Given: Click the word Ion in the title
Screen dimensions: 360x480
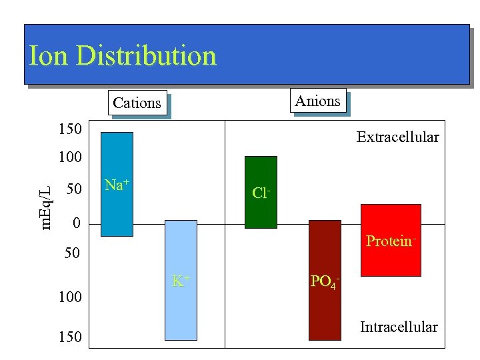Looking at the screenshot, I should coord(49,56).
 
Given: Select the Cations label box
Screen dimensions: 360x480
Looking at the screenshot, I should coord(137,103).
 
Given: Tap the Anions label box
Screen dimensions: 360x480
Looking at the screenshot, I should coord(317,101).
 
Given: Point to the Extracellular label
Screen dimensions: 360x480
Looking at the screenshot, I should coord(397,137).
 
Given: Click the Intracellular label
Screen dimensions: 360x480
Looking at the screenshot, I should coord(399,327).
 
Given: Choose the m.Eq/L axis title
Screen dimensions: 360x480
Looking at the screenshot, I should coord(45,198).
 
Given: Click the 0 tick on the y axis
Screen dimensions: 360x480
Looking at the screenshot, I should coord(76,223).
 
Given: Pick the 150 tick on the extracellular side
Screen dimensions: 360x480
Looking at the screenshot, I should coord(69,128).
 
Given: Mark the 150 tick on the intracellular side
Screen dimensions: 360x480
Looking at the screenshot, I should coord(69,337).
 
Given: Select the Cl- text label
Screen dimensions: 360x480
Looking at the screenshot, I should coord(261,193).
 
